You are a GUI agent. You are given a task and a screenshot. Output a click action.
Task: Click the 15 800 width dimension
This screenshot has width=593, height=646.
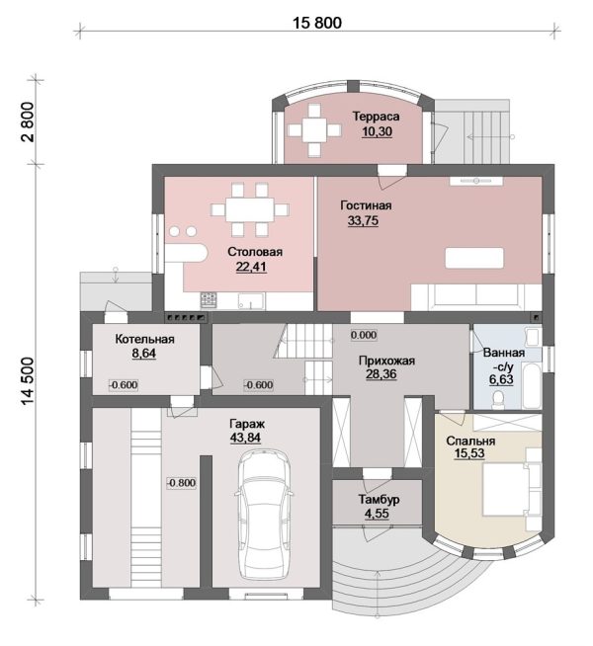pos(317,23)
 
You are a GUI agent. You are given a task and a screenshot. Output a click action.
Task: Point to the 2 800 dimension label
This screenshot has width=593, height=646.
pos(28,121)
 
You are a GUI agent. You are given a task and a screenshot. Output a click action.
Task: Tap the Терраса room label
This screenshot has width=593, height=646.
pos(376,117)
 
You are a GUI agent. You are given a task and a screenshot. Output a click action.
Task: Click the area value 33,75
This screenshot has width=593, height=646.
pos(363,220)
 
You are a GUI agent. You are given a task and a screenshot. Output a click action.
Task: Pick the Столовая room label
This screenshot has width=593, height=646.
pos(255,252)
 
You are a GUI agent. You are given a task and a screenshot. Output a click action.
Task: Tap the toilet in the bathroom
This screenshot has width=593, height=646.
pos(498,400)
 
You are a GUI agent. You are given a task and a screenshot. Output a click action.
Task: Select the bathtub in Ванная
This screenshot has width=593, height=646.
pos(532,385)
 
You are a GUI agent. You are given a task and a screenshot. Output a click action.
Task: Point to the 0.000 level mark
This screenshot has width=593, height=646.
pos(364,335)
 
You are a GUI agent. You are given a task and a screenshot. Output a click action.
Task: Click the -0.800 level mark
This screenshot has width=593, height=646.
pos(181,482)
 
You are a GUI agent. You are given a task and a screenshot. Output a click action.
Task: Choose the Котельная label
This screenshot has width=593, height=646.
pos(144,339)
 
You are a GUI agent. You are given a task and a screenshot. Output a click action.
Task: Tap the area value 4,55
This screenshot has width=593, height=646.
pos(377,514)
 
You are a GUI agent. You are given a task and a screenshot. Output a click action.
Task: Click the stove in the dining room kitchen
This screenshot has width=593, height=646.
pos(209,300)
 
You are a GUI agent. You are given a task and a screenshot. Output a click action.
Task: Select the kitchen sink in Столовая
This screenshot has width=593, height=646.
pos(251,300)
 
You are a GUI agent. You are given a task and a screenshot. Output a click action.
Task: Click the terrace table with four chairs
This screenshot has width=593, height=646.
pos(314,130)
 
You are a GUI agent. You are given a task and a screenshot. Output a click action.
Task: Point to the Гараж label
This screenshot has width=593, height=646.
pos(247,424)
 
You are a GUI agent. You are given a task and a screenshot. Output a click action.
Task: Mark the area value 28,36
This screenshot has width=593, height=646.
pos(381,374)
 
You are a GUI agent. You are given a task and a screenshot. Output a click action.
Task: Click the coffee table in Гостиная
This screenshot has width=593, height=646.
pos(474,258)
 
